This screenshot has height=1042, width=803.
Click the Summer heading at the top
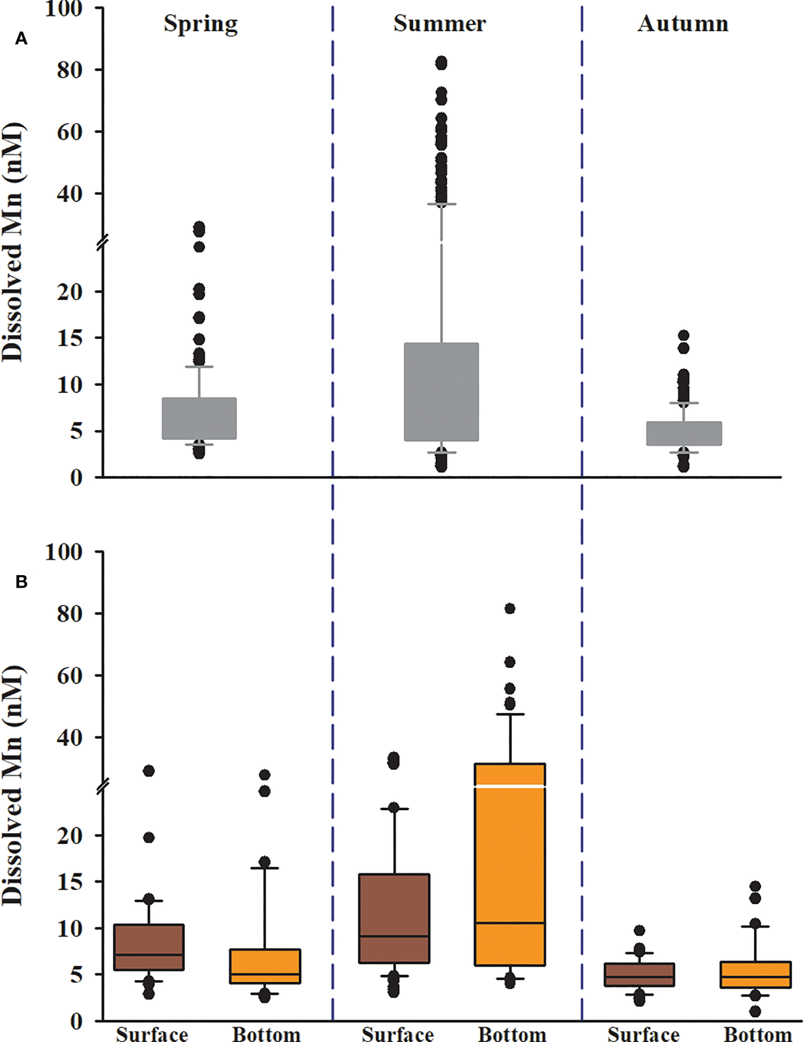[x=440, y=23]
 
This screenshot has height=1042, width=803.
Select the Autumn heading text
[x=682, y=23]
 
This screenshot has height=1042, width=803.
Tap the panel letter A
[x=22, y=39]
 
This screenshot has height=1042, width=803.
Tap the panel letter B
[x=22, y=582]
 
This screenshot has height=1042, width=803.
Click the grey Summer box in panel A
[x=441, y=391]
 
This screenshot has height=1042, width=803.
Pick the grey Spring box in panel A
[x=199, y=418]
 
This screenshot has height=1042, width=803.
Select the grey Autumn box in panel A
[x=684, y=433]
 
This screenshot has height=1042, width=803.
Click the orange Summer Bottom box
[x=510, y=866]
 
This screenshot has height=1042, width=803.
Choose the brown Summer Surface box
[x=394, y=918]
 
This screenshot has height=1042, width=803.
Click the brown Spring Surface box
[x=149, y=947]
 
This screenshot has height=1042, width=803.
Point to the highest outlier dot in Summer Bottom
[x=510, y=609]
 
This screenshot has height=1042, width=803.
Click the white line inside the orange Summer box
[x=510, y=786]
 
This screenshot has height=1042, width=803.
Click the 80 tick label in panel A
[x=69, y=70]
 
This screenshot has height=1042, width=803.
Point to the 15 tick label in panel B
[x=69, y=882]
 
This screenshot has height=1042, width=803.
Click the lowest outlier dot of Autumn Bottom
[x=755, y=1011]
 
